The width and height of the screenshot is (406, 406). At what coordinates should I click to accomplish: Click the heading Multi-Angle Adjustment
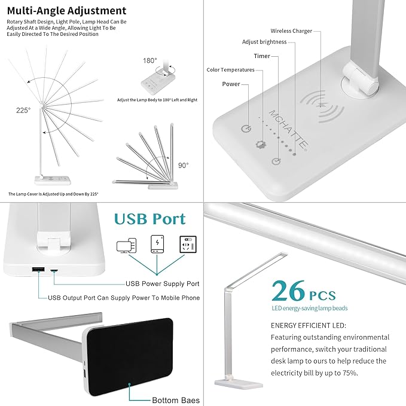click(67, 11)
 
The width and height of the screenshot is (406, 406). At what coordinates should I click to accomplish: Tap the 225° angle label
click(23, 110)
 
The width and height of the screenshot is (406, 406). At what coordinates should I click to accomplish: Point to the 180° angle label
click(149, 60)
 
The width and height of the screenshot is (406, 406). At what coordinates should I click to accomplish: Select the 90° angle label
click(182, 165)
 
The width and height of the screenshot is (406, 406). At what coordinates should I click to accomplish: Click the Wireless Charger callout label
click(291, 30)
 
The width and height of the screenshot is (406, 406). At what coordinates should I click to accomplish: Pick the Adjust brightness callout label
click(264, 42)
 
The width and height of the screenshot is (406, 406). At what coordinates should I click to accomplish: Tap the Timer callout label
click(261, 56)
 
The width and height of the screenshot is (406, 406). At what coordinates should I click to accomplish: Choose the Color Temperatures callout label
click(230, 70)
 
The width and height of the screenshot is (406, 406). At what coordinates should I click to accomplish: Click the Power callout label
click(231, 84)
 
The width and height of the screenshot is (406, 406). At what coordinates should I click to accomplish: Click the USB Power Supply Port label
click(162, 283)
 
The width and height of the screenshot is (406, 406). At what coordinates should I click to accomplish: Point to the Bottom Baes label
click(175, 400)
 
